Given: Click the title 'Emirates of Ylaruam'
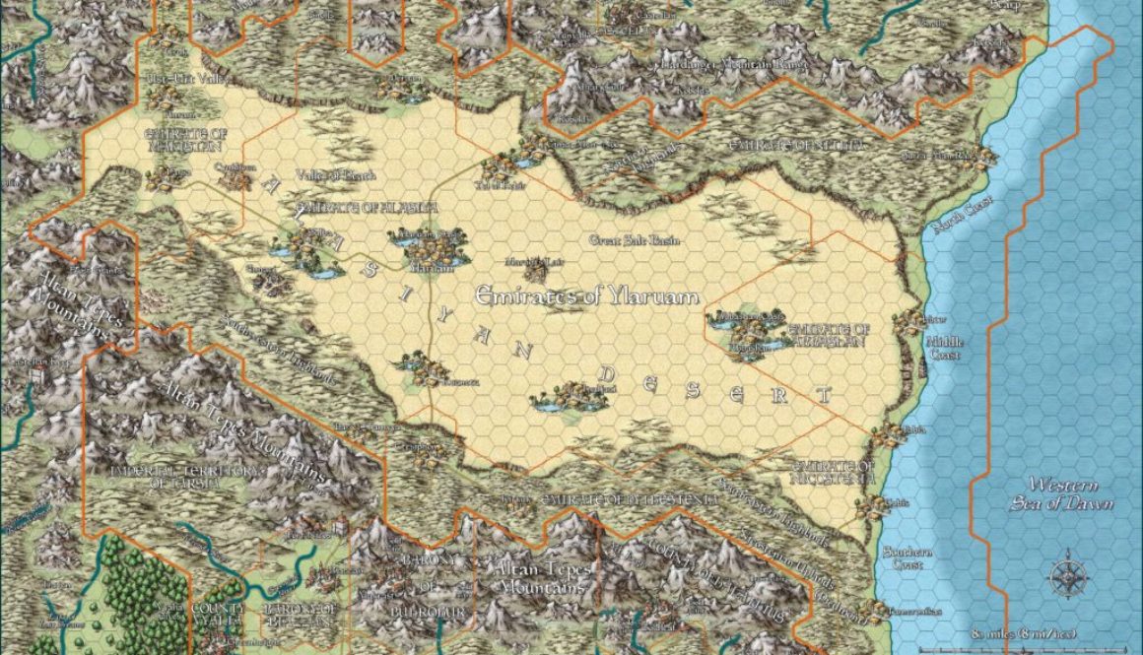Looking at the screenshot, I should (x=587, y=295).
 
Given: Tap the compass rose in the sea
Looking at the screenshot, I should (x=1067, y=578).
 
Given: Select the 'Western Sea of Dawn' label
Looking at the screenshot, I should (x=1060, y=493).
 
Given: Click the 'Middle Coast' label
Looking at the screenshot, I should (x=943, y=348).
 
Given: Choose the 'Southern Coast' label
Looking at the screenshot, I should (x=903, y=558).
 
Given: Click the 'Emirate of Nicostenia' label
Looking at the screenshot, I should (x=835, y=472).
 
